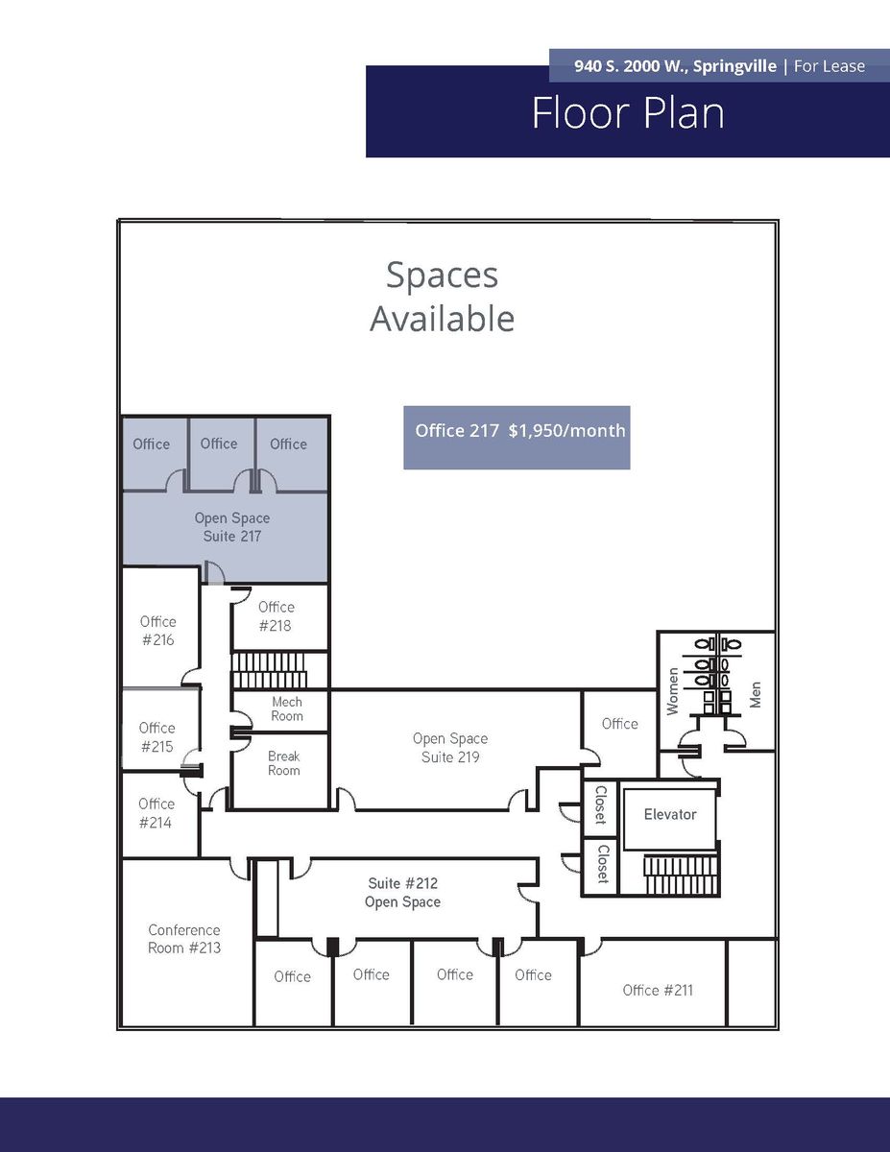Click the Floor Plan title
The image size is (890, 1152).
(x=628, y=113)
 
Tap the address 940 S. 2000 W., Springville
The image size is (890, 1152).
(x=675, y=66)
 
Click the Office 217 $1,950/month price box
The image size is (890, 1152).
(x=517, y=438)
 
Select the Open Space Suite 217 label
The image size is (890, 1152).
(x=232, y=527)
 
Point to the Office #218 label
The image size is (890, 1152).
(x=276, y=616)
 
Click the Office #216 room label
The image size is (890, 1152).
(x=158, y=631)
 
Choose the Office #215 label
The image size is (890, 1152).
(x=156, y=737)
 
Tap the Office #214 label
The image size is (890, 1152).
(x=156, y=813)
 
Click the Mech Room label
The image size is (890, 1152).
(x=287, y=708)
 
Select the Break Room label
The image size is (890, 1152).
(x=283, y=763)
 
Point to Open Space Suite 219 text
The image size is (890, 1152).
(x=450, y=748)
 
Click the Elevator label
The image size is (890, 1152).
(x=670, y=814)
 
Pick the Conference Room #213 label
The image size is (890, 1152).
(x=184, y=939)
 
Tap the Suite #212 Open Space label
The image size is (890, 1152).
(x=402, y=892)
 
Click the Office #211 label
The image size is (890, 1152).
(x=658, y=991)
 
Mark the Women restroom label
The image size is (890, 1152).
(x=673, y=691)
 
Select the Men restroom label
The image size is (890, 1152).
(x=756, y=694)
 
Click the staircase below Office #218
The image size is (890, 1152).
(x=269, y=671)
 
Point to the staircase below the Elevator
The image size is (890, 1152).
(x=681, y=875)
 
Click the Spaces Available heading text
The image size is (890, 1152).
(x=442, y=297)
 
